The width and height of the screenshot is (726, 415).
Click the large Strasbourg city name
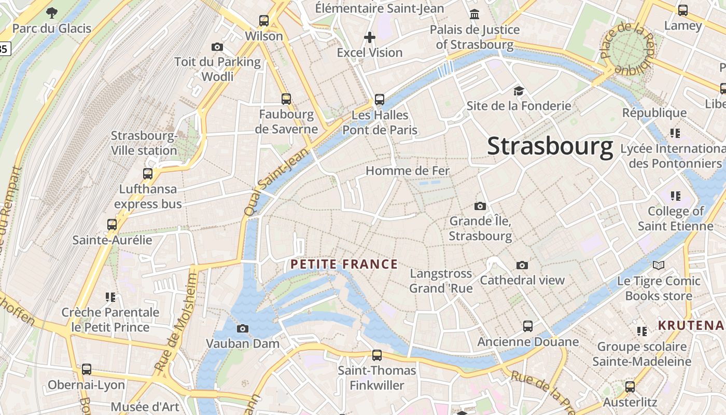coord(550,147)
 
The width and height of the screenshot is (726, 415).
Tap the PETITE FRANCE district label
coord(344,265)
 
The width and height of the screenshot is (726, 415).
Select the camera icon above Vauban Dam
coord(242,328)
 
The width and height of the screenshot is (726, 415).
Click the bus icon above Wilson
coord(264,21)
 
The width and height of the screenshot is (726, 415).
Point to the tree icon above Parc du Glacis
coord(51,13)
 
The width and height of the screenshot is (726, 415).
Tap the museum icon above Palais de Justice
coord(474,14)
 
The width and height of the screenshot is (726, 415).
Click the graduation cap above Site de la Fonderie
coord(519,91)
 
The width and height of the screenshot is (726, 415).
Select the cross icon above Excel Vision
coord(370,37)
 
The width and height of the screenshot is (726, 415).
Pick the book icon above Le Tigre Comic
coord(659,266)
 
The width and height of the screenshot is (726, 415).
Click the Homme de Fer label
coord(408,171)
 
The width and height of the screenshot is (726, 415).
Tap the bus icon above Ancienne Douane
coord(528,326)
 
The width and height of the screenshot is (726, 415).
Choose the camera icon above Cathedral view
coord(522,265)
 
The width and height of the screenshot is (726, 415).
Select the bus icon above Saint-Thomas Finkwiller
coord(377,355)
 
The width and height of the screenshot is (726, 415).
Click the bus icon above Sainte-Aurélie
coord(112,225)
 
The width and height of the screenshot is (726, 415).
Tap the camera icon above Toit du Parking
coord(217,47)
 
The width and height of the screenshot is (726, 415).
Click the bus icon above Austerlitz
coord(630,386)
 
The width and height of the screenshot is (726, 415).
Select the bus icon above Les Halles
coord(380,100)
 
